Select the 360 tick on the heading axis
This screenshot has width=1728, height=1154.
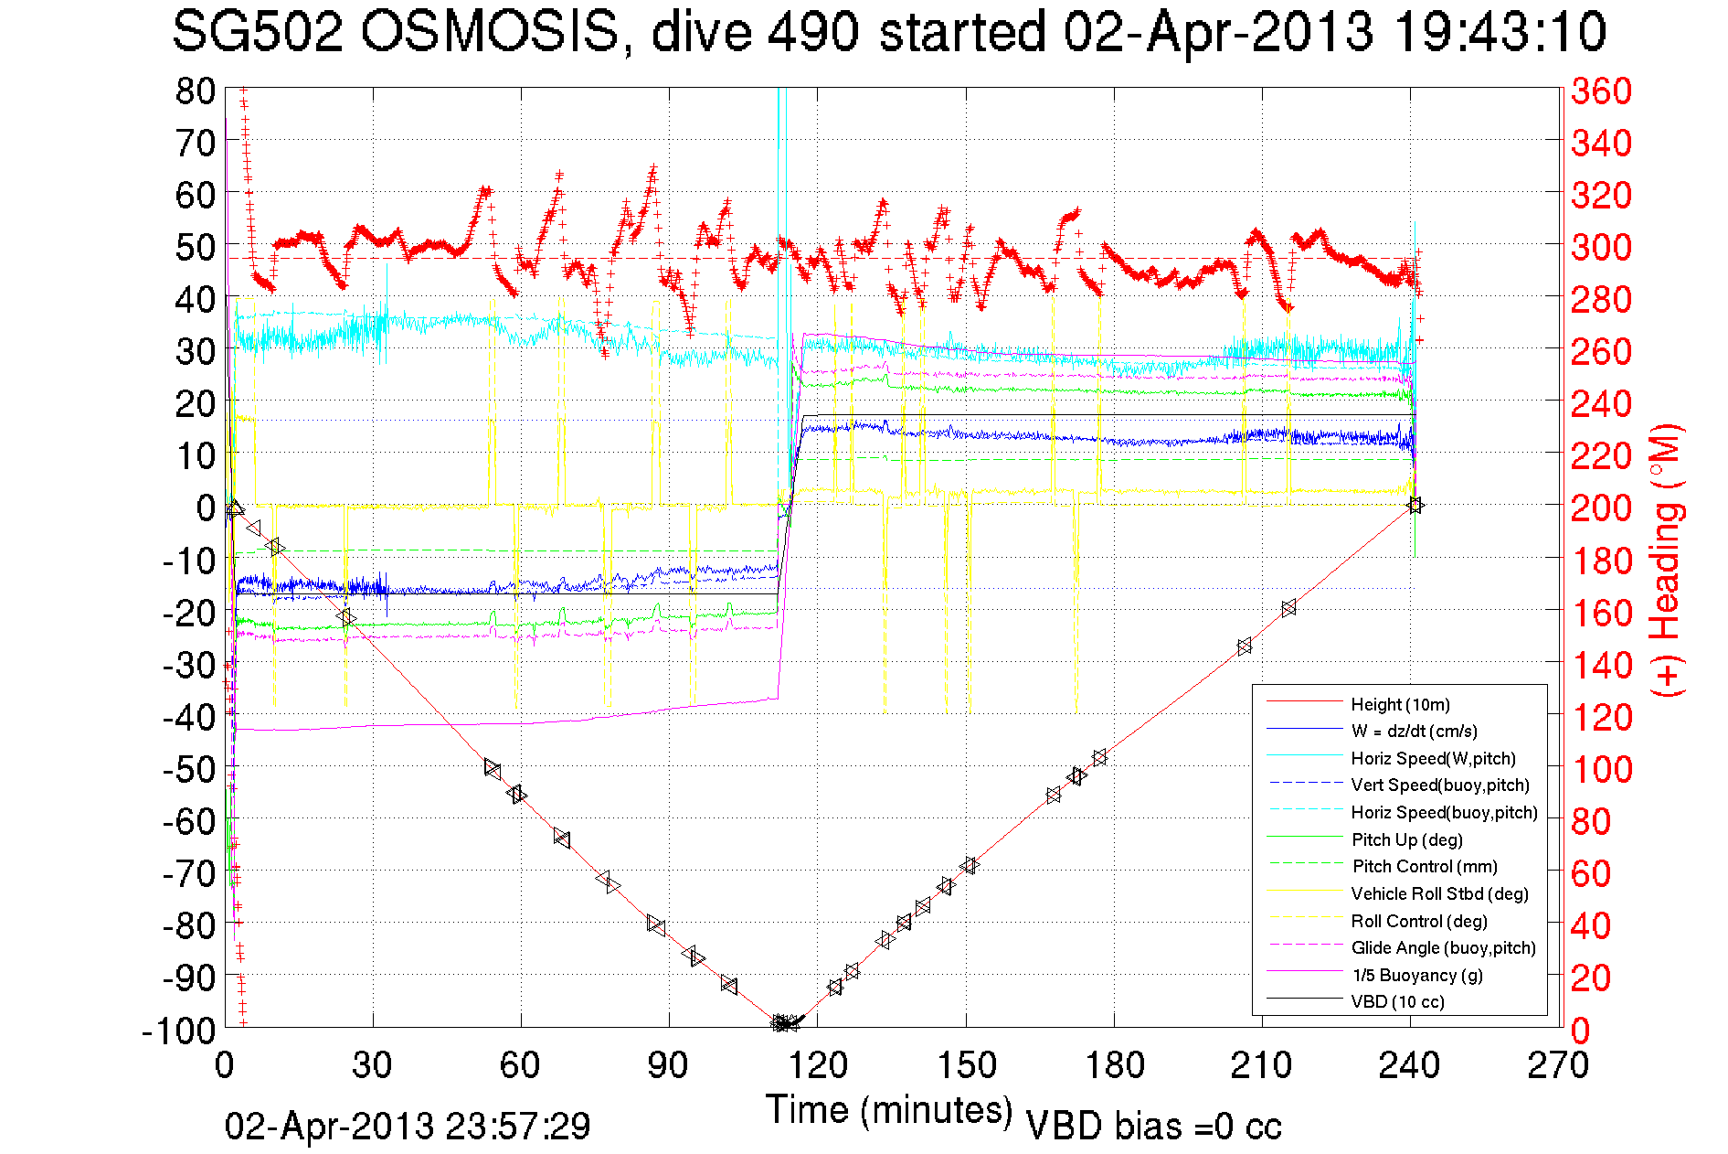tap(1601, 91)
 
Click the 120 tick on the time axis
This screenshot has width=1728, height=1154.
tap(818, 1065)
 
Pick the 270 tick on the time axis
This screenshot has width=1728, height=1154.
tap(1558, 1065)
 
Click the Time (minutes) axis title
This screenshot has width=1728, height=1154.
tap(889, 1110)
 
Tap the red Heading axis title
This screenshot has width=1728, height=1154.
tap(1666, 560)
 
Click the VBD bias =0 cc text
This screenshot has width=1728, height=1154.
tap(1153, 1127)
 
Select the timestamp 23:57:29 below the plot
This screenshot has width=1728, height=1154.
tap(518, 1126)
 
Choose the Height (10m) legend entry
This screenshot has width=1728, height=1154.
tap(1400, 704)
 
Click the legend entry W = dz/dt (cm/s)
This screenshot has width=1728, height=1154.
tap(1414, 731)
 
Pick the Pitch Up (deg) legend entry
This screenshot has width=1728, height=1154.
tap(1406, 839)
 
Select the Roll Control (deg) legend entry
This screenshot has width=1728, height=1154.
tap(1419, 921)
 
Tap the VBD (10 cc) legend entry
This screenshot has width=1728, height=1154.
tap(1397, 1001)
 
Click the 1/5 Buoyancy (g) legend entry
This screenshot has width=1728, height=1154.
tap(1416, 975)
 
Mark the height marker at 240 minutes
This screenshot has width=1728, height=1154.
tap(1415, 505)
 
